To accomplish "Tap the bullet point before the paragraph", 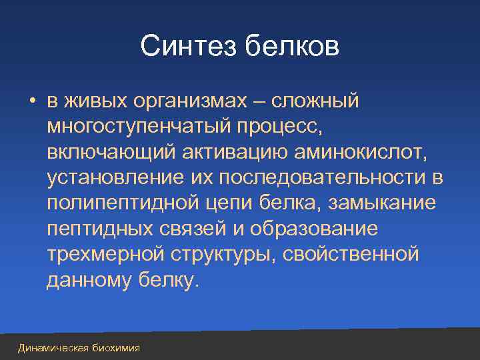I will (x=31, y=102).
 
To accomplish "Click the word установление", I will (x=116, y=178).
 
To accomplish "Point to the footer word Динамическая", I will (x=51, y=348).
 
